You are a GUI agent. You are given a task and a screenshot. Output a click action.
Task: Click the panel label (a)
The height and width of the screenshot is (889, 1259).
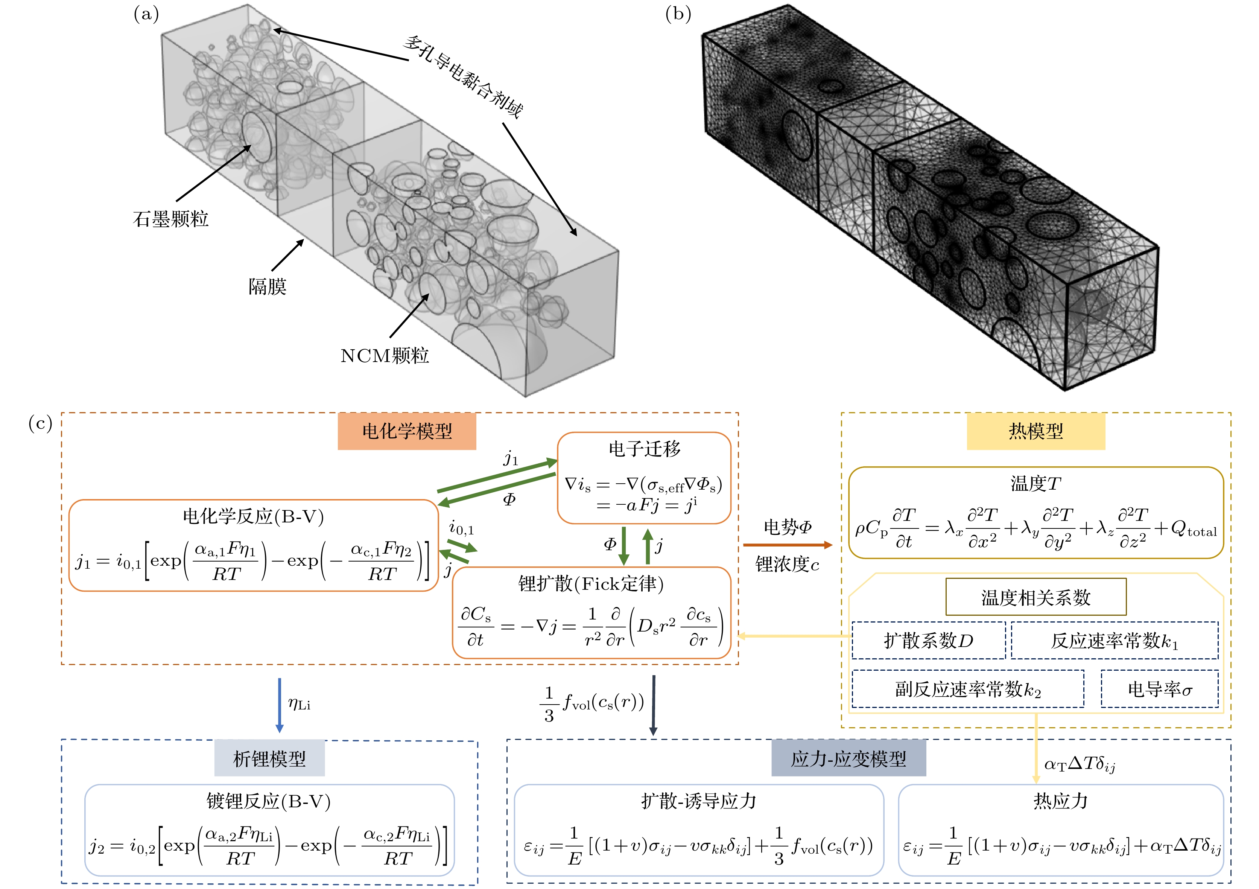pos(146,14)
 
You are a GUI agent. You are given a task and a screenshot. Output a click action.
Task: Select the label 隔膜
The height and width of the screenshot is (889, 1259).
pos(267,287)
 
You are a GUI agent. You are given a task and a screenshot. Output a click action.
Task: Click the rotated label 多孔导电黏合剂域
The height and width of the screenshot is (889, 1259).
pos(463,77)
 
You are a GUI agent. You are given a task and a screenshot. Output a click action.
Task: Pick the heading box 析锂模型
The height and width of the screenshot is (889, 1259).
pos(269,758)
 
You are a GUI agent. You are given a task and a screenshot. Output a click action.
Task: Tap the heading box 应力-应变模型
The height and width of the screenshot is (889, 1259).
pos(848,758)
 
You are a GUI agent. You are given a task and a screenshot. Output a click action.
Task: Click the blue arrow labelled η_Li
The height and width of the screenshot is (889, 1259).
pos(280,705)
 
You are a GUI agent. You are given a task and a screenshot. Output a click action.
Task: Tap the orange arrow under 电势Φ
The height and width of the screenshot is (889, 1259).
pos(788,545)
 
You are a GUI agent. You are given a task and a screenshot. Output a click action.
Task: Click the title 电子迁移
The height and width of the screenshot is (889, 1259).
pos(644,449)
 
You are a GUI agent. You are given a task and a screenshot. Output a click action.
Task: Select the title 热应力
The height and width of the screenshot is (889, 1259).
pos(1060,801)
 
